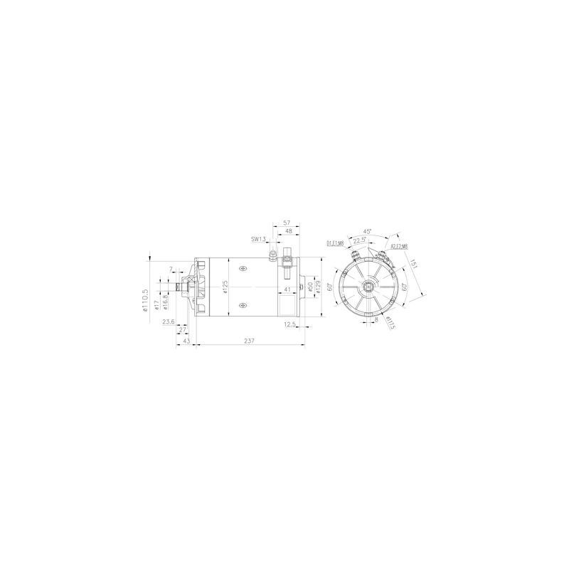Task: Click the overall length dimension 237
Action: pyautogui.click(x=248, y=342)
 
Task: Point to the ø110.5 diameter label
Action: pyautogui.click(x=146, y=299)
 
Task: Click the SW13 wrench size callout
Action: pyautogui.click(x=258, y=239)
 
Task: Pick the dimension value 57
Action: pyautogui.click(x=287, y=223)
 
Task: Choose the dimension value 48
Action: pyautogui.click(x=289, y=231)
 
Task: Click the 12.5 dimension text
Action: pyautogui.click(x=289, y=324)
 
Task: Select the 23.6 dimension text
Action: pyautogui.click(x=169, y=322)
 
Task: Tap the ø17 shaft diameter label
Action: pyautogui.click(x=156, y=306)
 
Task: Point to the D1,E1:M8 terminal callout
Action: pyautogui.click(x=336, y=243)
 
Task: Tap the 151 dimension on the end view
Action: pyautogui.click(x=415, y=265)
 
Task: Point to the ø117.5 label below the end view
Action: pyautogui.click(x=391, y=323)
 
